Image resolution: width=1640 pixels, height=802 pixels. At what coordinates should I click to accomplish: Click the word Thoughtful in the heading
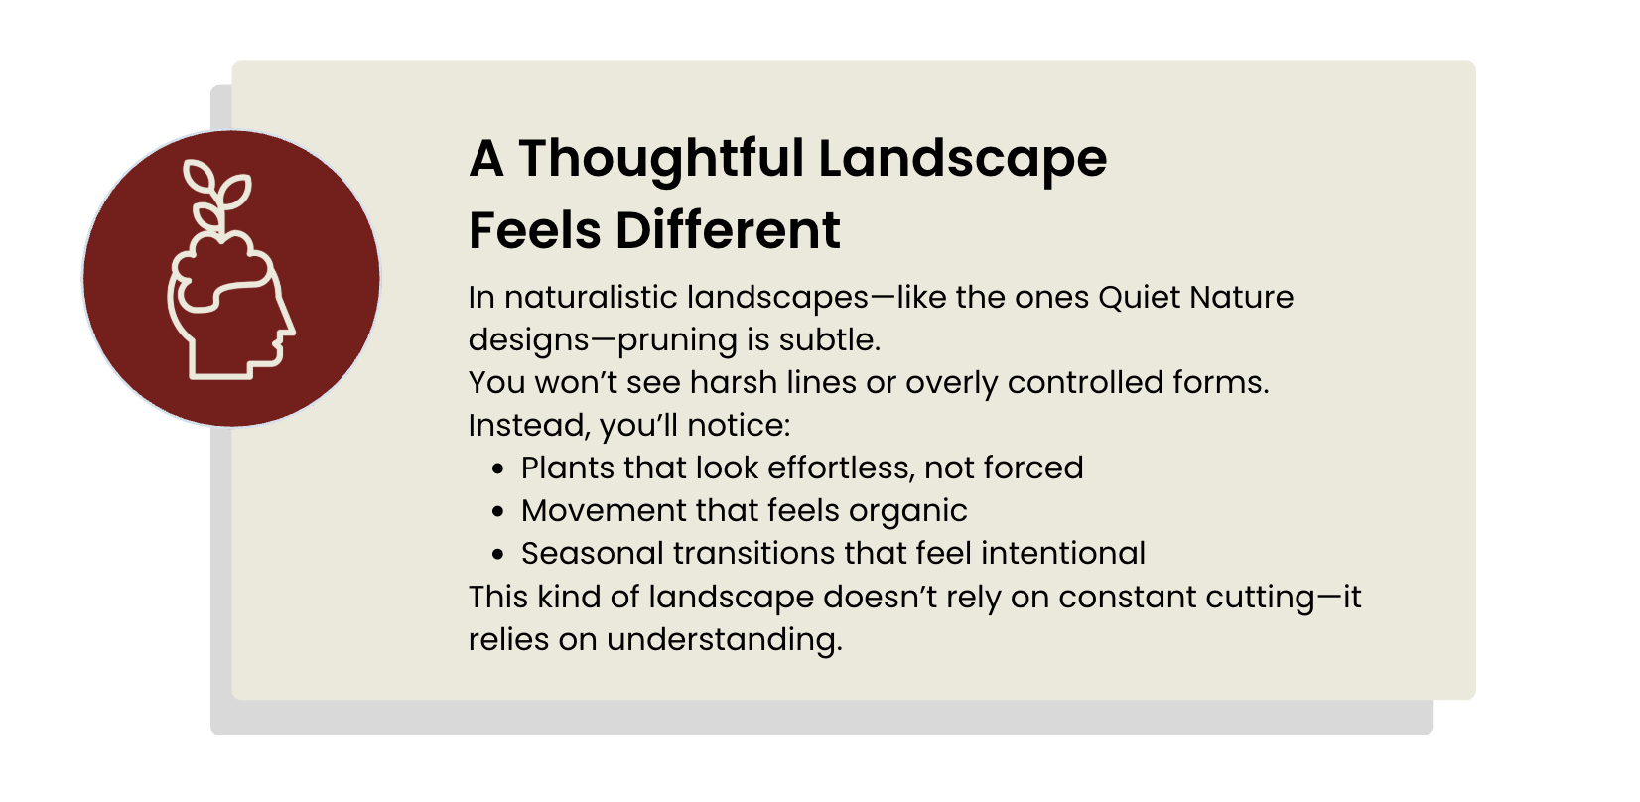point(661,160)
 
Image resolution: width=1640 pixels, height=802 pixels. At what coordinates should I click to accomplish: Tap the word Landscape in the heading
point(962,160)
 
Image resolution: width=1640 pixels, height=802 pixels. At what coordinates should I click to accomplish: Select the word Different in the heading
point(728,230)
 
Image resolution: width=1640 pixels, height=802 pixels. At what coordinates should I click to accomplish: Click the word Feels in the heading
point(535,230)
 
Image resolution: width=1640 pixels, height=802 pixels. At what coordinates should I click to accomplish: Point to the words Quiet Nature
point(1196,298)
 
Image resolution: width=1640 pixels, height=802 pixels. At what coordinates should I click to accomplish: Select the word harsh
point(733,383)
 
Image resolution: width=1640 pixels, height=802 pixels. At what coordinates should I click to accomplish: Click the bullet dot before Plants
point(498,469)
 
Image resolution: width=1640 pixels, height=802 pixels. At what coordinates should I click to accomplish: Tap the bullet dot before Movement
point(498,511)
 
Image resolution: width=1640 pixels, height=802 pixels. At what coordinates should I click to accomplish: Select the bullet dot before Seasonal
point(498,554)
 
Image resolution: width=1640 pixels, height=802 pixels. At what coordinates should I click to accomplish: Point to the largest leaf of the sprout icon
point(234,191)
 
